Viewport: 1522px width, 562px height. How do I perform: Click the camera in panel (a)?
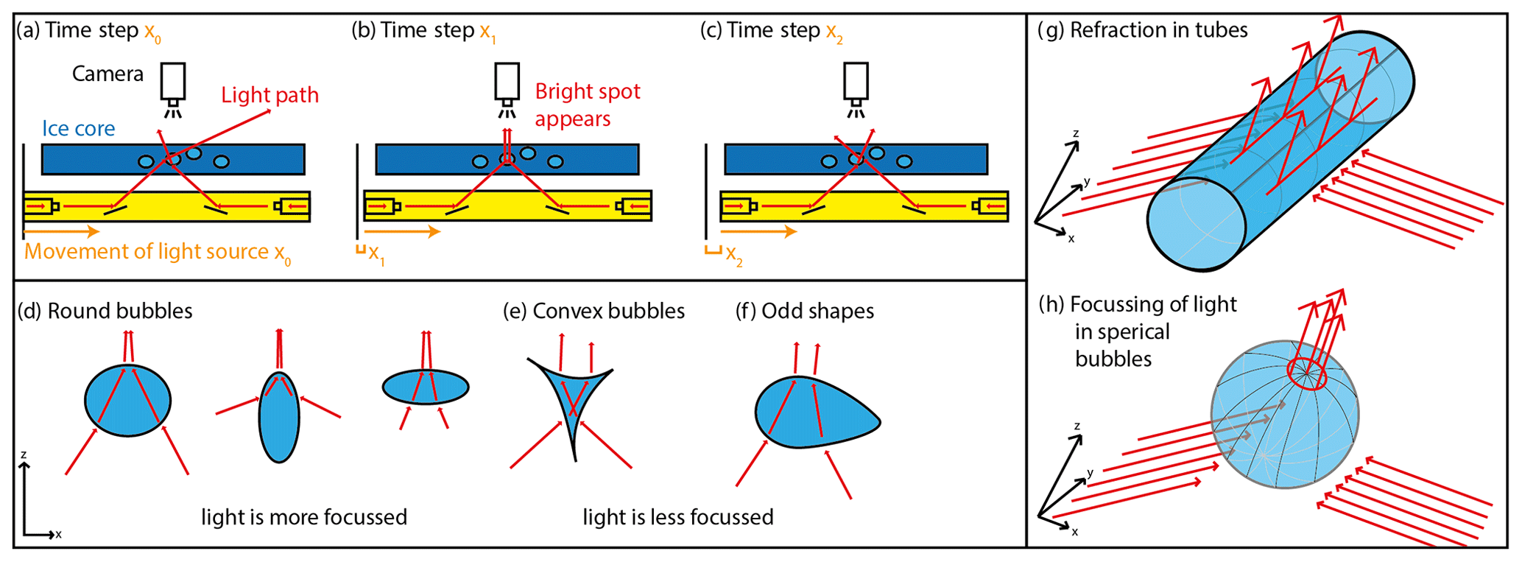tap(173, 82)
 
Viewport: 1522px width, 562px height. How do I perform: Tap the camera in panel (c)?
tap(856, 82)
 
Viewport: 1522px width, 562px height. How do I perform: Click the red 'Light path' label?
tap(269, 95)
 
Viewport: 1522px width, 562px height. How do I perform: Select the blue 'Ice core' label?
tap(78, 129)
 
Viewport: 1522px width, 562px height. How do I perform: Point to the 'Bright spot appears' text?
tap(587, 105)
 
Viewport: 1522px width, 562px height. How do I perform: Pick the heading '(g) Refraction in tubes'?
tap(1142, 30)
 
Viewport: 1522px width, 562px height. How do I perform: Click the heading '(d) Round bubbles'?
tap(105, 311)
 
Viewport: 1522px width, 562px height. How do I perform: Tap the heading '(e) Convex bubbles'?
tap(593, 311)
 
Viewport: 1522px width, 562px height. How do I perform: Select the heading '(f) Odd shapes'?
tap(805, 311)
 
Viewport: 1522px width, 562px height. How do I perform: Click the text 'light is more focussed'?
tap(304, 517)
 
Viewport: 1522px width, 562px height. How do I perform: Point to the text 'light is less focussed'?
tap(678, 517)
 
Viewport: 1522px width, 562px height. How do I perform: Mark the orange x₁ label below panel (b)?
tap(376, 255)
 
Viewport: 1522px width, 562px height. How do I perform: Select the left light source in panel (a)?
tap(42, 206)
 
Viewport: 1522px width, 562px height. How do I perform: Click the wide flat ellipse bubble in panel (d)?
tap(426, 387)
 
